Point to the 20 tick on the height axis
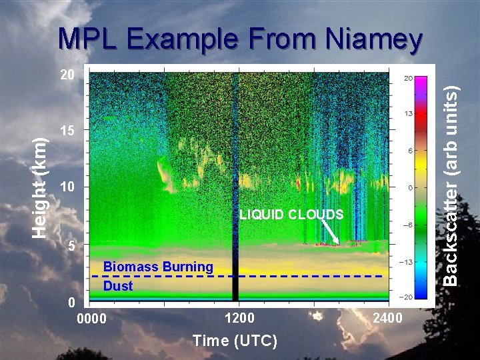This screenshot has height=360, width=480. click(x=67, y=75)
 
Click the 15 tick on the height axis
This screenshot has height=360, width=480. click(x=67, y=131)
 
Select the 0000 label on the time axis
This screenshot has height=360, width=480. click(x=92, y=318)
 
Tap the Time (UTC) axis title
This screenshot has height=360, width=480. click(x=235, y=341)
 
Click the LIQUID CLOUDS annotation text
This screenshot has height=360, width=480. click(x=291, y=214)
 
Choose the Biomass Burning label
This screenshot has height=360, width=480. click(x=158, y=267)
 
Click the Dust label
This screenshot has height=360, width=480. click(x=118, y=286)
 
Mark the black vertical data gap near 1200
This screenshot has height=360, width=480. click(x=235, y=187)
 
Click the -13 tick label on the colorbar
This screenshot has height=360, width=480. click(x=408, y=263)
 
